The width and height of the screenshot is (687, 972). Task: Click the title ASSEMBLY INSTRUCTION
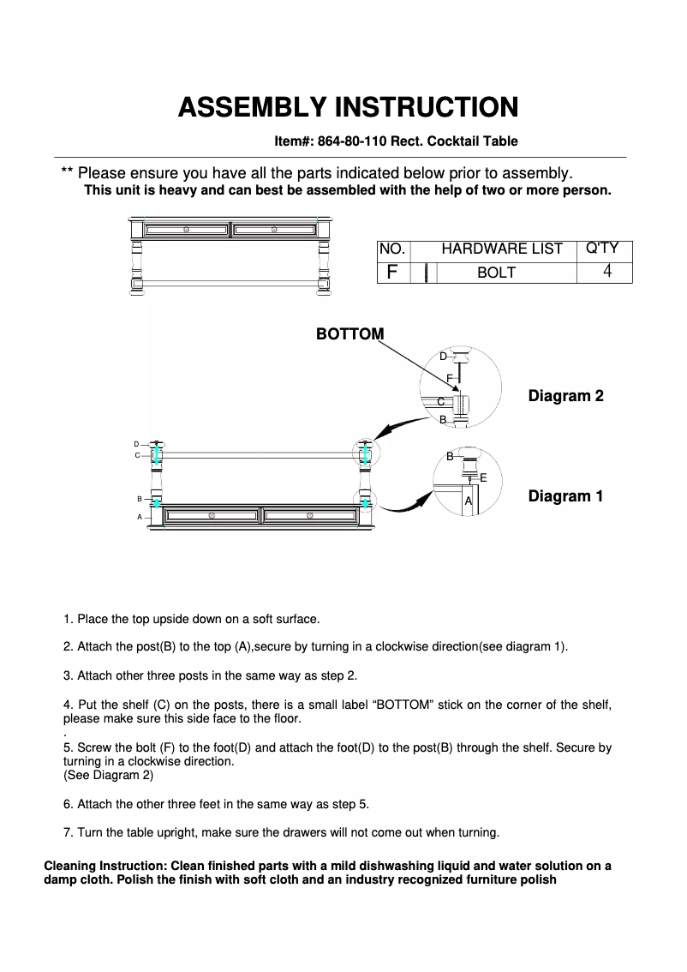[x=347, y=107]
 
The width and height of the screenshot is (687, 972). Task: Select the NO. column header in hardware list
[x=392, y=249]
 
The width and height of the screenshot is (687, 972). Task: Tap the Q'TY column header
[x=601, y=249]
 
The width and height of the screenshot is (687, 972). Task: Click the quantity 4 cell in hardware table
[x=606, y=272]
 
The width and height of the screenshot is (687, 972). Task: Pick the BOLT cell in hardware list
[x=496, y=273]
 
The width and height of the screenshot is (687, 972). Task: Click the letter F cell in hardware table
[x=392, y=273]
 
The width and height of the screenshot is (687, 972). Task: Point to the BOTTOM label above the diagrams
[x=349, y=333]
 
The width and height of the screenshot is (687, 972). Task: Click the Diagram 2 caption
[x=565, y=396]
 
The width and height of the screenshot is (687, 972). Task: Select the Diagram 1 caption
[x=565, y=496]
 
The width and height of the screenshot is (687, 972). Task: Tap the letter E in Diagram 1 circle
[x=484, y=477]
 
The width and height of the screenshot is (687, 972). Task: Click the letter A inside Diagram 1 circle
[x=468, y=501]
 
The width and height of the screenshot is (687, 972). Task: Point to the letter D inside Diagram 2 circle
[x=443, y=356]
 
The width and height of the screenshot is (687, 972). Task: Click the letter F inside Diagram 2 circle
[x=449, y=378]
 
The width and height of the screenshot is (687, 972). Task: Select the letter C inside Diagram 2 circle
[x=440, y=401]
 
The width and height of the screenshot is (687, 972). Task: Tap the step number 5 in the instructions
[x=67, y=747]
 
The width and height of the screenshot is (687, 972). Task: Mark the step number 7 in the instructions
[x=67, y=832]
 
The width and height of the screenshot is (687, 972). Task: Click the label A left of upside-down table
[x=140, y=517]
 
